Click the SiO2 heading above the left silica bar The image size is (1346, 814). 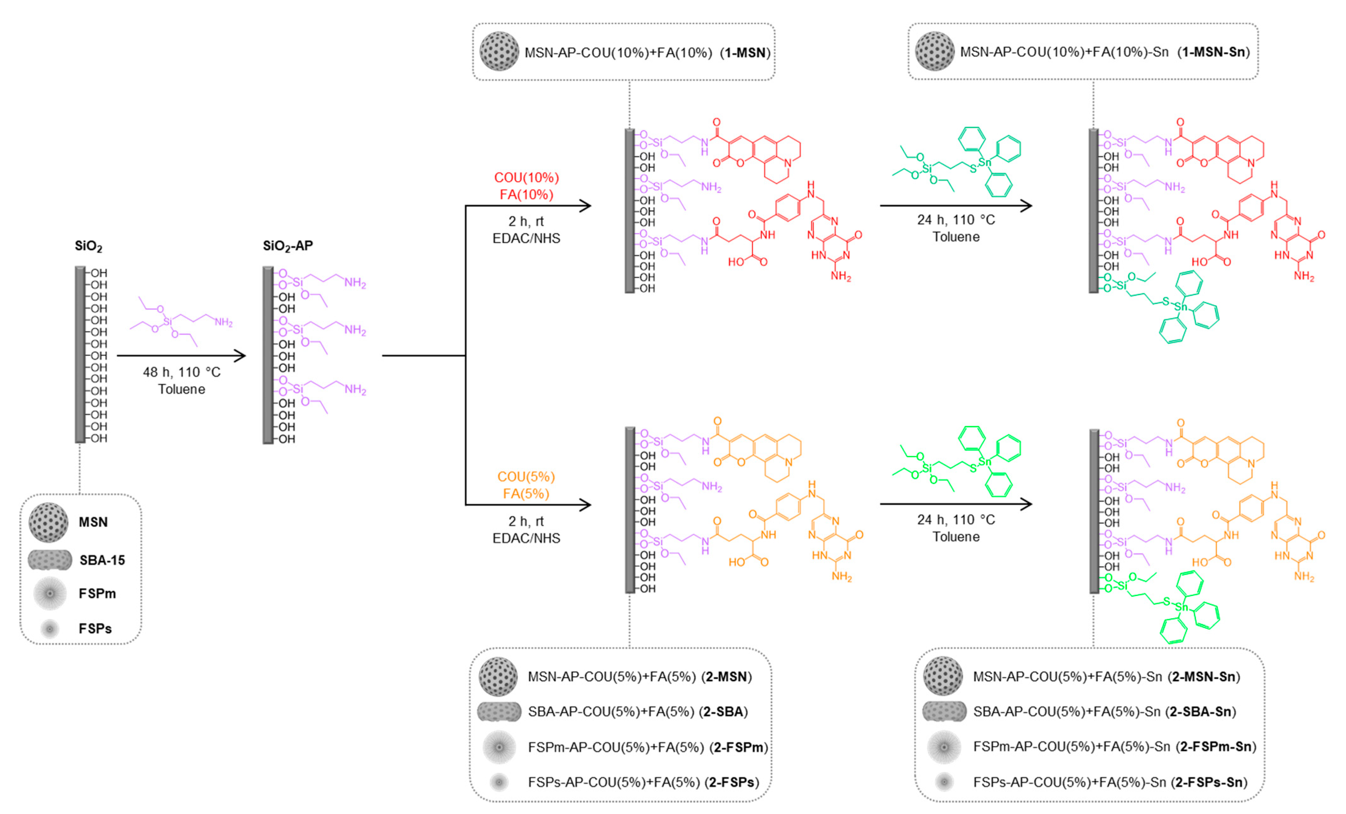point(88,246)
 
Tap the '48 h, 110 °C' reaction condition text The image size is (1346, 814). point(182,372)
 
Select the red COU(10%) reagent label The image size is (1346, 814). point(526,178)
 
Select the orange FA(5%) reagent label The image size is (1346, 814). point(526,494)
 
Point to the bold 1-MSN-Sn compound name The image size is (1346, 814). point(1214,52)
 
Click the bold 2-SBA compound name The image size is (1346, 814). point(723,711)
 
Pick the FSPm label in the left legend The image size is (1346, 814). point(97,593)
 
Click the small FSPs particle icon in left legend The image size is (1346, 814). point(50,629)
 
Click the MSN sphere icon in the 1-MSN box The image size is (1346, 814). point(499,51)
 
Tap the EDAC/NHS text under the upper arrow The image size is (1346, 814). point(526,238)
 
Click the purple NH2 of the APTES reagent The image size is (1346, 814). point(223,322)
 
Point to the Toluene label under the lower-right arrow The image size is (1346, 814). point(956,537)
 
